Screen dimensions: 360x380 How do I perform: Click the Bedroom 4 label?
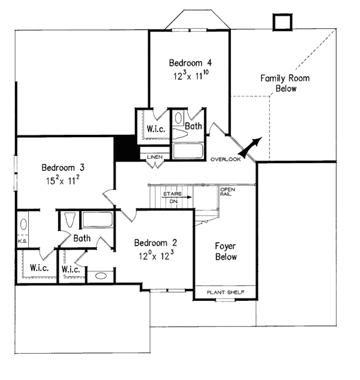tap(190, 63)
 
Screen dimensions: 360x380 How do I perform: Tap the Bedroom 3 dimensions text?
tap(63, 180)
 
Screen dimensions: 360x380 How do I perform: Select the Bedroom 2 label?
tap(156, 243)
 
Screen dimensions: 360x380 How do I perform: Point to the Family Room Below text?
tap(285, 83)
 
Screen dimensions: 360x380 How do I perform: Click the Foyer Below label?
tap(226, 252)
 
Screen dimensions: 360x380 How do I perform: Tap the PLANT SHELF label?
tap(226, 292)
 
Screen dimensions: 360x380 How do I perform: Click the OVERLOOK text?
tap(226, 159)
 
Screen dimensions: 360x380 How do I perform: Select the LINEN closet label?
tap(155, 157)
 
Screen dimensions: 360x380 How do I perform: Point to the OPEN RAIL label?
tap(227, 192)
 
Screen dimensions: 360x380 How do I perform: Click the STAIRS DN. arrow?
tap(176, 197)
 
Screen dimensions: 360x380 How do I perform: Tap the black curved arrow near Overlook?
tap(250, 148)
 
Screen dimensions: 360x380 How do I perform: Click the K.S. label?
tap(23, 241)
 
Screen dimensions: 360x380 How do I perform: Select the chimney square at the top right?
tap(283, 22)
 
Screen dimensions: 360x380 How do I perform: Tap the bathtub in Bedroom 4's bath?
tap(188, 150)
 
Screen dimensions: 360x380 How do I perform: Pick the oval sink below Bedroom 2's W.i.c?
tap(101, 276)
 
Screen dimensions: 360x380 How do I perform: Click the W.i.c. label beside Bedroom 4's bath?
tap(156, 129)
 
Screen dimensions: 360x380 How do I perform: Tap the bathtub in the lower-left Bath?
tap(98, 219)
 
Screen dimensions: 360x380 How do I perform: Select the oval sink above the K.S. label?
tap(23, 224)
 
